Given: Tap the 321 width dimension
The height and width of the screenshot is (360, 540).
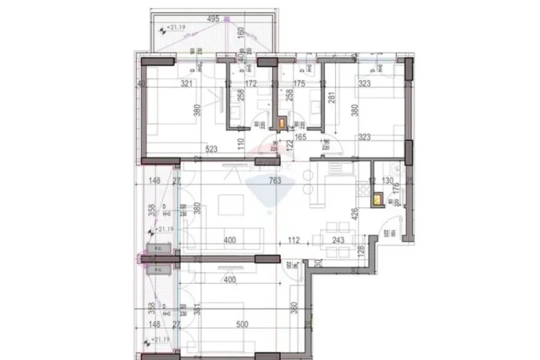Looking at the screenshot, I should tap(188, 83).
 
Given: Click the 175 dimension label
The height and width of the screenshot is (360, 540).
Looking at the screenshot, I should tap(300, 83).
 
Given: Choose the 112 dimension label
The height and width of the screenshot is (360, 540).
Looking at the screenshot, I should tap(294, 240).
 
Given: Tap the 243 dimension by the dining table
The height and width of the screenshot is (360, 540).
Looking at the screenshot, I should tap(338, 240).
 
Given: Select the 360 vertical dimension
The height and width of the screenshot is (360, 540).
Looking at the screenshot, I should tap(294, 306).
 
